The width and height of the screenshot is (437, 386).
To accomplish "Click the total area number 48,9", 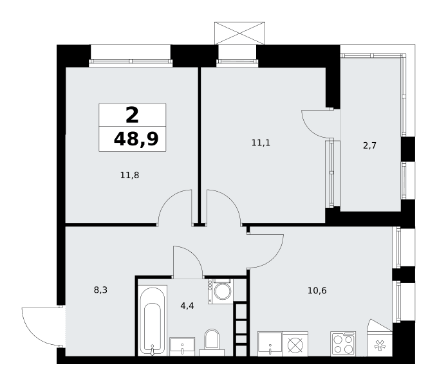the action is (136, 139).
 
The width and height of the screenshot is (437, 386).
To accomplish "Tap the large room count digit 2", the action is (132, 115).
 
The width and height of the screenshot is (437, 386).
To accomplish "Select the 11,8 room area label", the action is (129, 175).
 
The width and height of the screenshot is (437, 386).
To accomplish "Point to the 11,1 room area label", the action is (261, 143).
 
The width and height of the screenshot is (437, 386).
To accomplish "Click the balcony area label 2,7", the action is (369, 145).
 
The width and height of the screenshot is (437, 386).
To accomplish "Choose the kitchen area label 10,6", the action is (317, 291).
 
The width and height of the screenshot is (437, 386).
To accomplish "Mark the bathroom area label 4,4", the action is (187, 306).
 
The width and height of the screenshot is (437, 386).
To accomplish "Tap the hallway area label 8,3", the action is (100, 290).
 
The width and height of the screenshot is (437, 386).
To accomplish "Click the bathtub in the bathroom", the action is (153, 320).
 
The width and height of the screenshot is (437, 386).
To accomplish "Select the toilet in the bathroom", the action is (212, 343).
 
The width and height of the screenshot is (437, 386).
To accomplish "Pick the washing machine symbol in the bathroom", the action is (221, 291).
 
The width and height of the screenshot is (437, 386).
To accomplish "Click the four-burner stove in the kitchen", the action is (343, 344).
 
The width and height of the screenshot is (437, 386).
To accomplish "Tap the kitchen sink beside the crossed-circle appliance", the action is (270, 344).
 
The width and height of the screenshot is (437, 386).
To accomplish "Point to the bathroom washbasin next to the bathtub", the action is (182, 347).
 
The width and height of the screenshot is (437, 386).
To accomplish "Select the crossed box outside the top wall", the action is (239, 33).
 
